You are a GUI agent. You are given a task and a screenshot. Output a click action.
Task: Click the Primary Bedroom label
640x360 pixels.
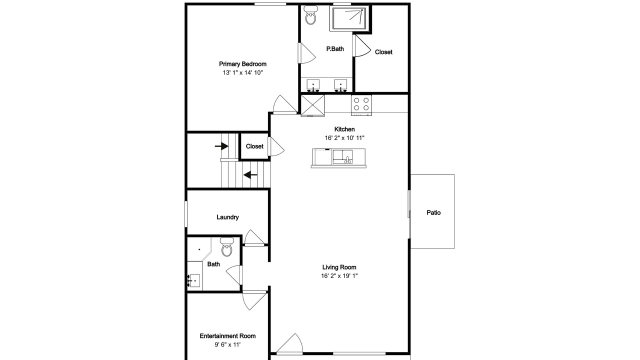point(242,64)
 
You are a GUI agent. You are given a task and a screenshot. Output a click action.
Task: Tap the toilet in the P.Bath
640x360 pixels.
point(310,15)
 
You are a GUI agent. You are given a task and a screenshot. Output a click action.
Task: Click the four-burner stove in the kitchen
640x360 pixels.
point(361,104)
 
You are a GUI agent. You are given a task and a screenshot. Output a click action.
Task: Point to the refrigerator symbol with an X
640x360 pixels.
point(312,105)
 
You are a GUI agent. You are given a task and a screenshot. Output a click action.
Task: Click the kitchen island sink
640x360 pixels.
point(342,157)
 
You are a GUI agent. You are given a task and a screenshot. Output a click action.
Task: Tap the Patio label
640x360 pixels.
point(433,212)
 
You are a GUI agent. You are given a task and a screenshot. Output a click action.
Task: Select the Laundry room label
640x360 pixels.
point(227,217)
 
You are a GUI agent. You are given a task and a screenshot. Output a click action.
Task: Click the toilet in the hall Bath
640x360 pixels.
point(227,247)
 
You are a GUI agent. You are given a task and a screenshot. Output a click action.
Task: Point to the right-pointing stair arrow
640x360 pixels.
point(221,146)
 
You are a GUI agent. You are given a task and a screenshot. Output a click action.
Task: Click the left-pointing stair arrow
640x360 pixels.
point(250,174)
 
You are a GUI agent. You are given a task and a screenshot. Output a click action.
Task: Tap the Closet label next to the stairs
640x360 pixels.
point(254,146)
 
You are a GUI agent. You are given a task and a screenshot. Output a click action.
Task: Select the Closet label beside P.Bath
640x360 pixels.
point(383,52)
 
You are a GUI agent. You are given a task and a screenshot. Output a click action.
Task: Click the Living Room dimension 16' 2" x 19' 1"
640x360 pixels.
point(339,275)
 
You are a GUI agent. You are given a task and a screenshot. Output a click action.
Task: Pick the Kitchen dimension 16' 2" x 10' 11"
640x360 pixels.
point(344,138)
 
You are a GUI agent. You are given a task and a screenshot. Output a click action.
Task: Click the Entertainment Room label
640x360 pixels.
point(227,336)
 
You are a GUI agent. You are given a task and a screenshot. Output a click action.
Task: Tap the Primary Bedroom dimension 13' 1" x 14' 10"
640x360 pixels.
point(242,72)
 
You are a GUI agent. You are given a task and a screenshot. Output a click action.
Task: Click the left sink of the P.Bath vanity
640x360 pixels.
point(313,85)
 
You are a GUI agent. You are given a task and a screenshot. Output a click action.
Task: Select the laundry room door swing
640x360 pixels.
point(254,237)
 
